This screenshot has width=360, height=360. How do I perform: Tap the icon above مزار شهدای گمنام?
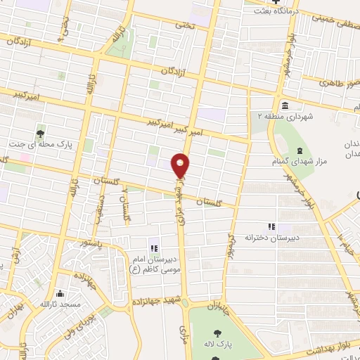(300, 151)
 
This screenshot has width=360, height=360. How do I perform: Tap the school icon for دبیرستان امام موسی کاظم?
(153, 247)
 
